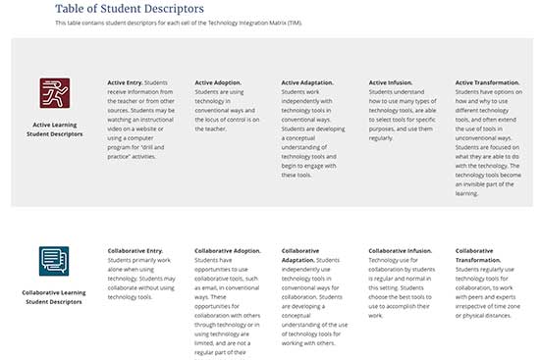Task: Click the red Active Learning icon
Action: pyautogui.click(x=55, y=93)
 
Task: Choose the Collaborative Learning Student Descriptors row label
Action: pyautogui.click(x=55, y=297)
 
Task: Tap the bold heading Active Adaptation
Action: pyautogui.click(x=307, y=82)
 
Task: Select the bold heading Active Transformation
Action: pyautogui.click(x=488, y=82)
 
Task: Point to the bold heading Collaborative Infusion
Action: pyautogui.click(x=400, y=250)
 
